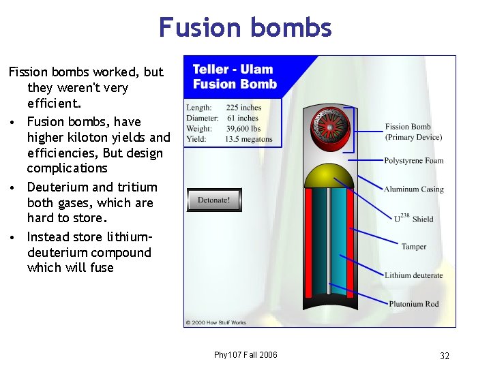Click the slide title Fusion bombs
245,27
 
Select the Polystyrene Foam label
413,161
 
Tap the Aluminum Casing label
413,189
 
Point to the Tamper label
413,247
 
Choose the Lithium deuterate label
413,275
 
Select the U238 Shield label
413,218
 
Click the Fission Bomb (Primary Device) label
413,132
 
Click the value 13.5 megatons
248,140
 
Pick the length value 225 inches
243,108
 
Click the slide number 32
445,356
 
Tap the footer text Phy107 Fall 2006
245,355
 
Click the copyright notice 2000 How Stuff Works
215,322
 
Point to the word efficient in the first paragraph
53,104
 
